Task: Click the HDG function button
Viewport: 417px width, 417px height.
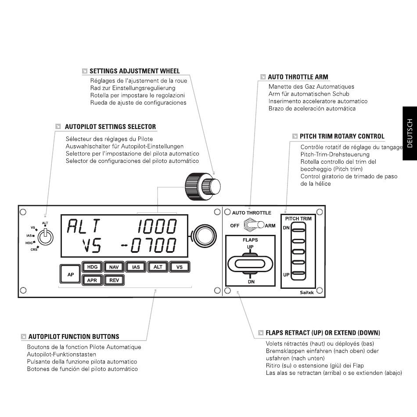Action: point(92,267)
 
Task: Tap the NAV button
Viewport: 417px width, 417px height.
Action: point(114,267)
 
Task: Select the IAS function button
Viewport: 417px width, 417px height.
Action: point(136,267)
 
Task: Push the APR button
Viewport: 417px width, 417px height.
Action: point(92,280)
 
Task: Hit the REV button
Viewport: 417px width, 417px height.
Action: point(114,280)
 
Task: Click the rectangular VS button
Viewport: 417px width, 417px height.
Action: point(180,267)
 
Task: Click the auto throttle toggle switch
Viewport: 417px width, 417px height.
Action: point(253,225)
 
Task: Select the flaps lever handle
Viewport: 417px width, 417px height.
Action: point(250,264)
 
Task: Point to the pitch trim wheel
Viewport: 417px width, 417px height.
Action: point(298,251)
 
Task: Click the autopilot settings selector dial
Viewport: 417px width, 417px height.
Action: point(45,237)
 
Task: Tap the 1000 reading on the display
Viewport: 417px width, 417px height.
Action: point(157,226)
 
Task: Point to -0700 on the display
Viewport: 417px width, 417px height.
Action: point(149,245)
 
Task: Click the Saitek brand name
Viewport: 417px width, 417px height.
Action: point(307,292)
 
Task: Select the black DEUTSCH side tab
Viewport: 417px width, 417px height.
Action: point(410,133)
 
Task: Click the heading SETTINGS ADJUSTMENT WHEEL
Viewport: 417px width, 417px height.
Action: point(135,71)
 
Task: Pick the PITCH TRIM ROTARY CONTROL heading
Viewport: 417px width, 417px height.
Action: point(342,136)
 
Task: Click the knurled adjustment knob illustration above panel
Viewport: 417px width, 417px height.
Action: point(203,186)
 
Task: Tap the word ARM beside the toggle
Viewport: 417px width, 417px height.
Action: point(270,226)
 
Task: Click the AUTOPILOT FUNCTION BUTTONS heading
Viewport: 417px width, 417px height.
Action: point(74,336)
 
